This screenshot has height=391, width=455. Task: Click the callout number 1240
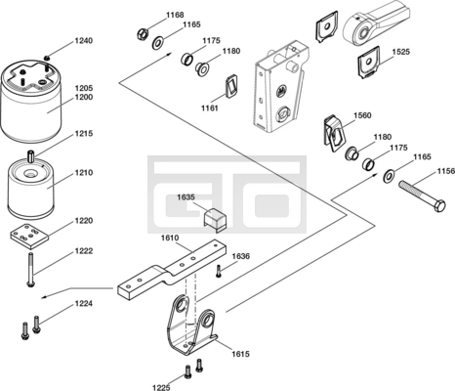[x=84, y=41]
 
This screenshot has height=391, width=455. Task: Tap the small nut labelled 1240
[x=47, y=58]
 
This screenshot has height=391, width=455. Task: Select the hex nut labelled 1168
[x=143, y=33]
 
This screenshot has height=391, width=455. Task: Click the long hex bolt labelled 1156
[x=423, y=196]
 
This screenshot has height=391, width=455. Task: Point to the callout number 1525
[x=401, y=52]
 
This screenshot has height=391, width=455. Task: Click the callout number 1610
[x=170, y=238]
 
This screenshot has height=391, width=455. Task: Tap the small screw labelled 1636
[x=219, y=271]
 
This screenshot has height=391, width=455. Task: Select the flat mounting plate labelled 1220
[x=29, y=233]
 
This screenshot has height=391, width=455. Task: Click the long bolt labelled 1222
[x=30, y=270]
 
